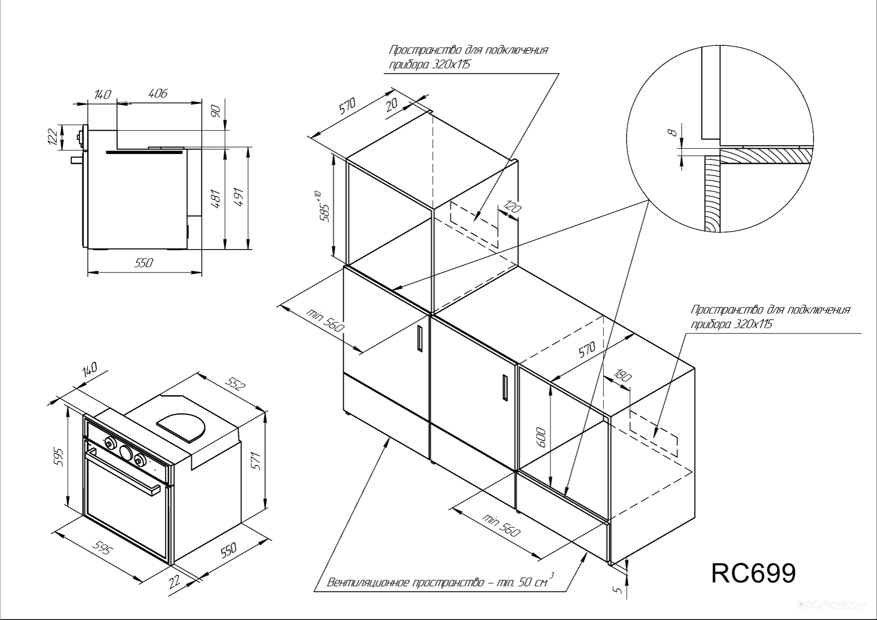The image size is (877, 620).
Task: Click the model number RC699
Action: point(753,573)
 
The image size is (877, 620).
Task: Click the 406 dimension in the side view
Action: point(158,93)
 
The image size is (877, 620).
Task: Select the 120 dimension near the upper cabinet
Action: point(511,208)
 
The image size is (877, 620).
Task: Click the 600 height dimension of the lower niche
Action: point(542,438)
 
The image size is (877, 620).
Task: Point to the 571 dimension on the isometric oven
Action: point(256,461)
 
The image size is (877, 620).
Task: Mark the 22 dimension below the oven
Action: point(175,581)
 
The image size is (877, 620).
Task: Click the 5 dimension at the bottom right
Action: point(618,590)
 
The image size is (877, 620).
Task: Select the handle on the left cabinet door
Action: point(419,338)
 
